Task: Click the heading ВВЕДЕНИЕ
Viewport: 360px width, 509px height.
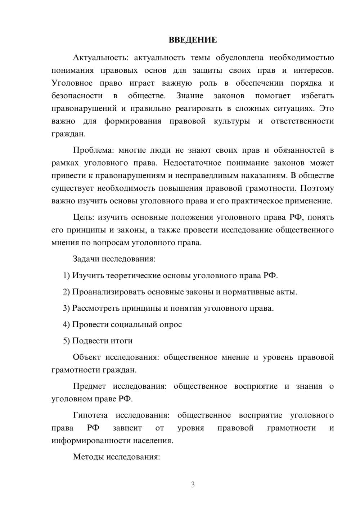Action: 193,40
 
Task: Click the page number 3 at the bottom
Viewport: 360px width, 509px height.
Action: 193,485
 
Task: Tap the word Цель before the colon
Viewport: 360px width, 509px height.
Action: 83,217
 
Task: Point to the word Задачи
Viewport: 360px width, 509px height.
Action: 86,259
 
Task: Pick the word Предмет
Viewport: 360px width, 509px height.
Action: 89,386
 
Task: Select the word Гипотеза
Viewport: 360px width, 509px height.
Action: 90,415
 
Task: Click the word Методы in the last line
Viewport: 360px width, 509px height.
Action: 87,457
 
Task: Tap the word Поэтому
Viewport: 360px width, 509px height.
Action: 317,188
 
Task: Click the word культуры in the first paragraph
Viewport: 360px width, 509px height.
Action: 232,121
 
